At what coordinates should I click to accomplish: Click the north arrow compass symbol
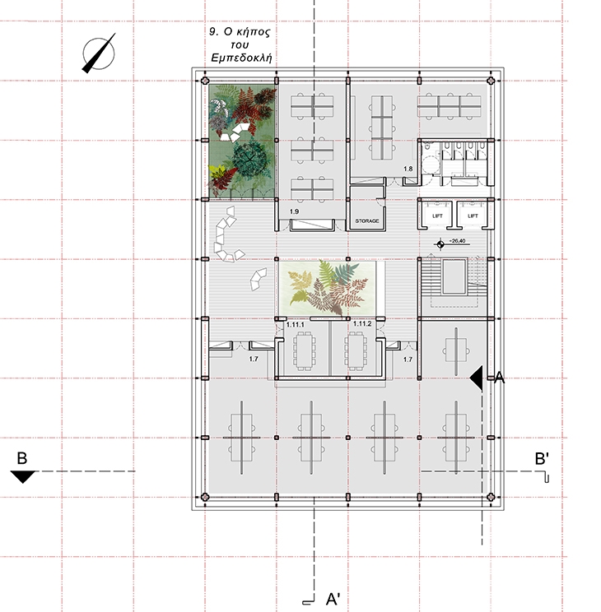click(99, 53)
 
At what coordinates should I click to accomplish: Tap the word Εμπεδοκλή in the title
click(241, 58)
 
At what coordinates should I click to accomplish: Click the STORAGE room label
click(367, 221)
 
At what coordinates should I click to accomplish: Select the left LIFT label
click(437, 216)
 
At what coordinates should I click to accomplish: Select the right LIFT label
click(473, 216)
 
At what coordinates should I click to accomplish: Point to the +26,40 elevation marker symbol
click(440, 244)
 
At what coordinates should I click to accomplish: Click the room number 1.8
click(408, 169)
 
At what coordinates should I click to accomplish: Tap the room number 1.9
click(294, 211)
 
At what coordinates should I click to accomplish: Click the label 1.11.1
click(296, 324)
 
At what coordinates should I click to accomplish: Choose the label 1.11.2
click(362, 324)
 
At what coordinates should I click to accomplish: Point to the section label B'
click(542, 459)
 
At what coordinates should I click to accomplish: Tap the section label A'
click(333, 598)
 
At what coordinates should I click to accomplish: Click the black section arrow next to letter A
click(476, 378)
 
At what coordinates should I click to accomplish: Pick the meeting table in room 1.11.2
click(356, 351)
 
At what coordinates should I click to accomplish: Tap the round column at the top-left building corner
click(205, 81)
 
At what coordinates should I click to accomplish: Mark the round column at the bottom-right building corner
click(492, 497)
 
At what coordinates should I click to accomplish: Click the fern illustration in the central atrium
click(328, 288)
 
